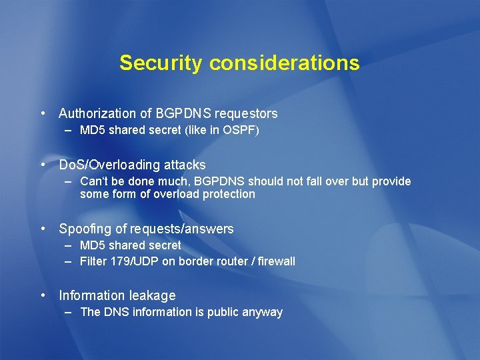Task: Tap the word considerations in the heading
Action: [x=284, y=63]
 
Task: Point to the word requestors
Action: [x=246, y=114]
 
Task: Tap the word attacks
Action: [x=185, y=165]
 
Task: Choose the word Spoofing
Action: [x=85, y=229]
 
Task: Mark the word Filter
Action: [x=93, y=261]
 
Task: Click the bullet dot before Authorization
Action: [x=43, y=114]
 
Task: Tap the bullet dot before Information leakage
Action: [x=43, y=295]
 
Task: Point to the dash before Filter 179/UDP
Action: [x=68, y=261]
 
